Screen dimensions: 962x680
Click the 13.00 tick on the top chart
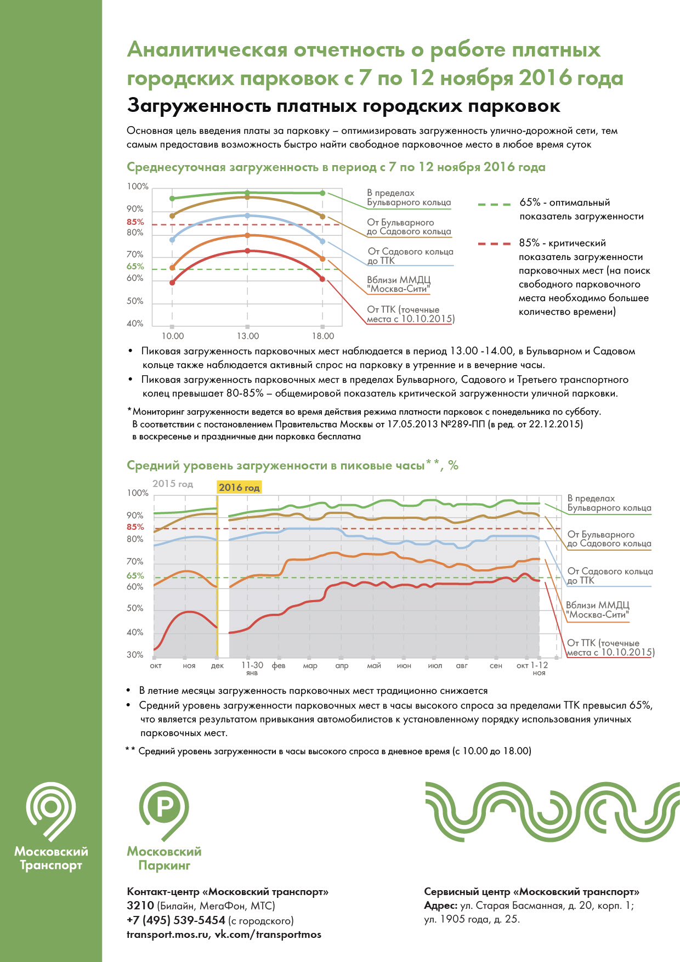click(x=247, y=336)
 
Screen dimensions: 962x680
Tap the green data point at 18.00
click(x=322, y=193)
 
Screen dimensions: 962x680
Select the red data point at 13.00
click(x=247, y=251)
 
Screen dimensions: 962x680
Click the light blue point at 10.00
click(x=172, y=240)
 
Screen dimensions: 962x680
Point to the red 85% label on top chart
click(x=135, y=222)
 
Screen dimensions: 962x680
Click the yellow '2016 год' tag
click(x=239, y=487)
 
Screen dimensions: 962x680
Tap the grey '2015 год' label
click(x=173, y=484)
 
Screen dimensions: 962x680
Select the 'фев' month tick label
click(x=279, y=665)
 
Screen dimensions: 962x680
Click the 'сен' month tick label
click(x=496, y=665)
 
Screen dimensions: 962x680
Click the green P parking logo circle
click(x=163, y=806)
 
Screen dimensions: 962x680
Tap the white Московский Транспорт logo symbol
click(x=51, y=812)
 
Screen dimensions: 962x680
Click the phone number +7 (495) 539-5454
click(x=176, y=920)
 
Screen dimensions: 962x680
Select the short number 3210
click(x=140, y=906)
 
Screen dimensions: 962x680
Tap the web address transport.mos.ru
click(x=168, y=935)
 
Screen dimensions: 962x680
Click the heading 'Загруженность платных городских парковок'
click(x=343, y=105)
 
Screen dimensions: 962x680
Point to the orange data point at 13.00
click(x=247, y=235)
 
